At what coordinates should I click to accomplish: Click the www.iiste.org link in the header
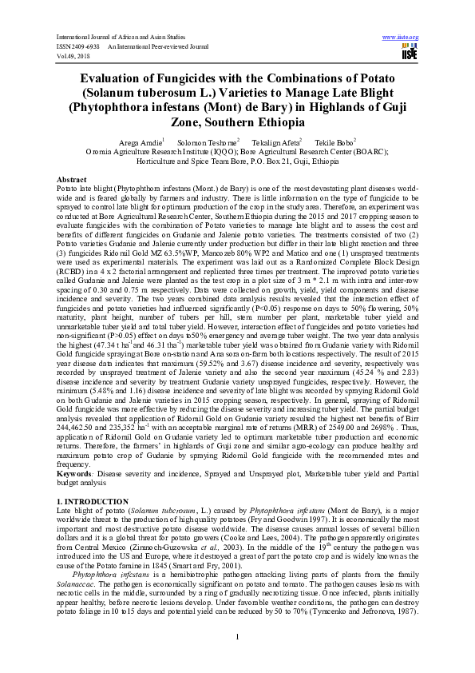coord(401,38)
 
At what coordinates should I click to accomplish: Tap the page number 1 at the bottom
coord(238,635)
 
